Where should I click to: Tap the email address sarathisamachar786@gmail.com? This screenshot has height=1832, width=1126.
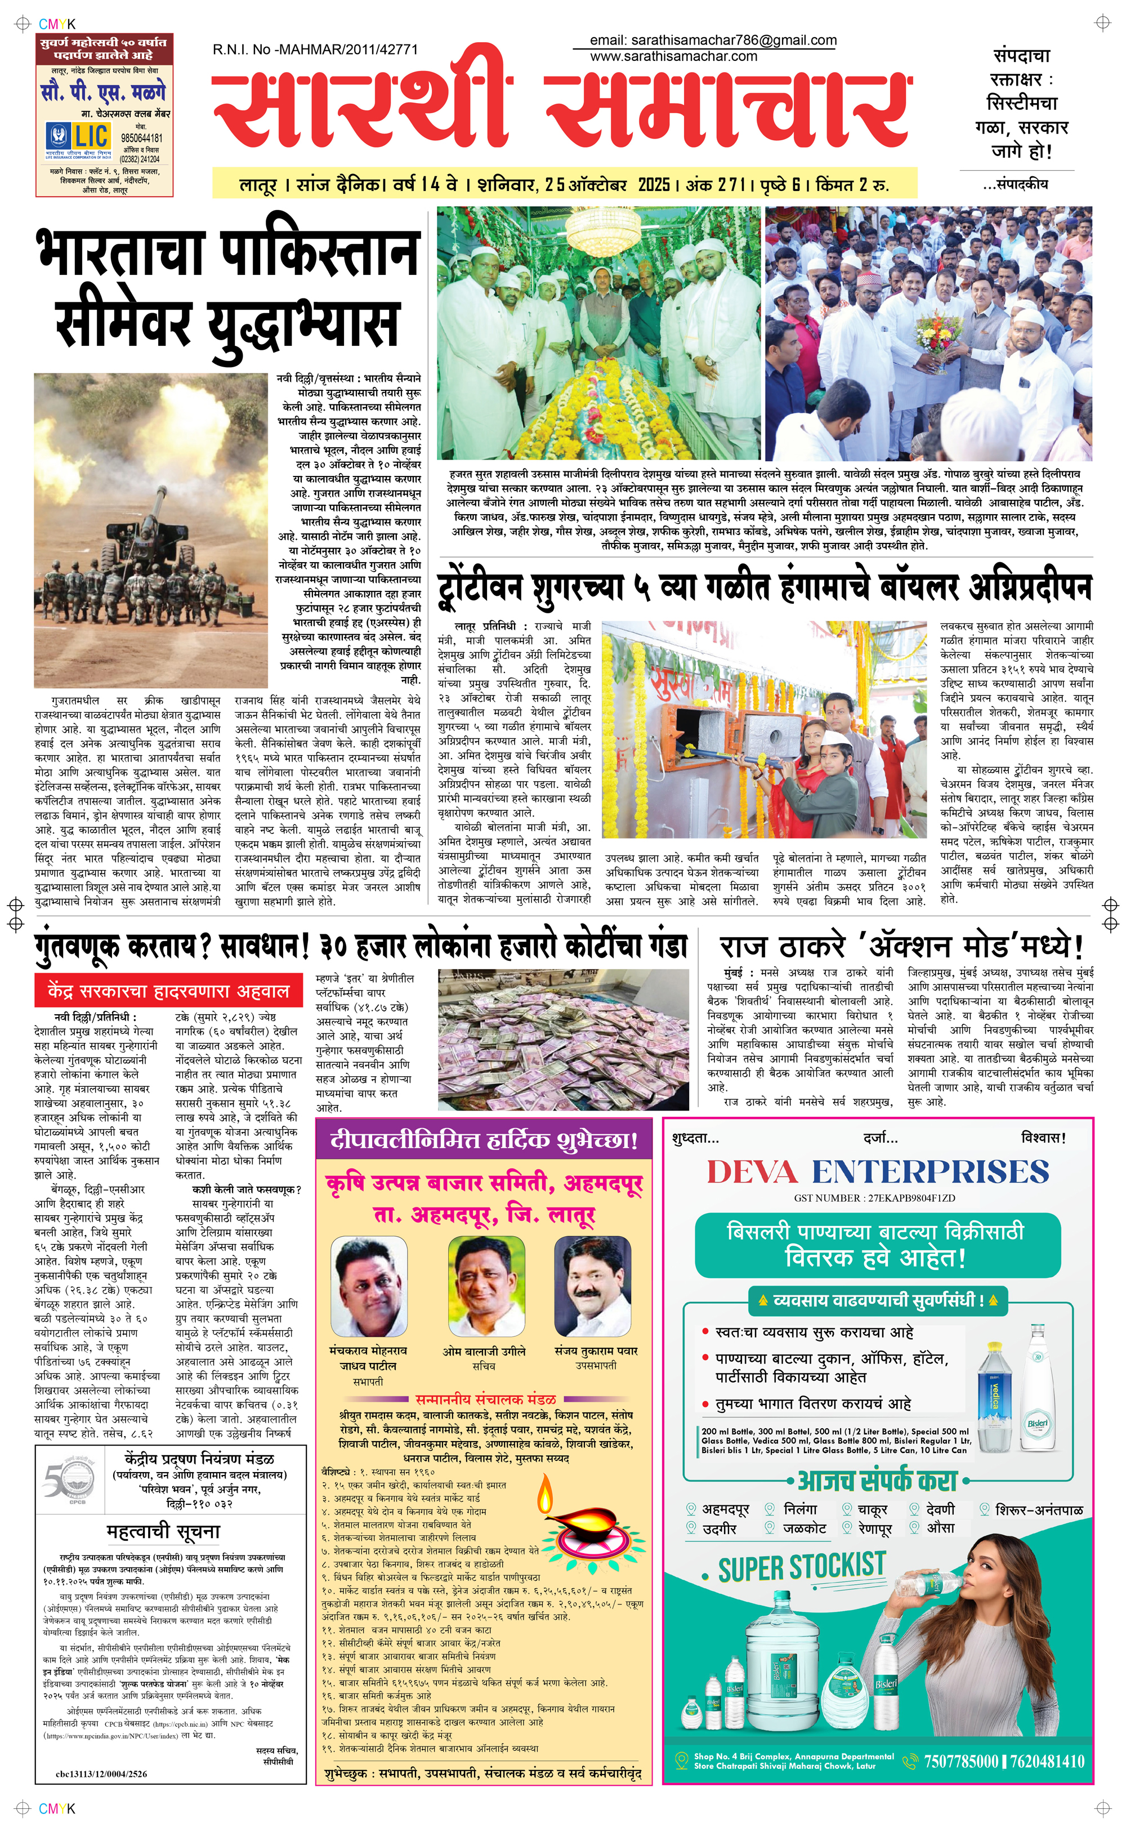click(713, 40)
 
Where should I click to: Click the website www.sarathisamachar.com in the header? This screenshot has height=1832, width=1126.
click(673, 56)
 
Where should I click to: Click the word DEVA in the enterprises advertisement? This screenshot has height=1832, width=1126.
click(752, 1172)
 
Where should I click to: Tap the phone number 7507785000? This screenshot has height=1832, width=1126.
click(960, 1760)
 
